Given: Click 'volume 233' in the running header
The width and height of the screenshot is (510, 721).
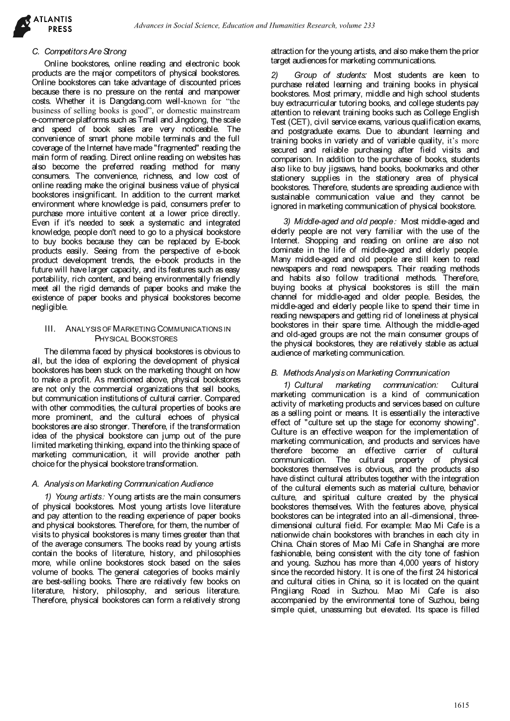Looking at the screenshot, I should [358, 25].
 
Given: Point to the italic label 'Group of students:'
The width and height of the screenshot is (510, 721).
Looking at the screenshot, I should [330, 75].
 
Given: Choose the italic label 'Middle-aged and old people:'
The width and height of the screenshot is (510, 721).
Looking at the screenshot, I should [341, 222].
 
